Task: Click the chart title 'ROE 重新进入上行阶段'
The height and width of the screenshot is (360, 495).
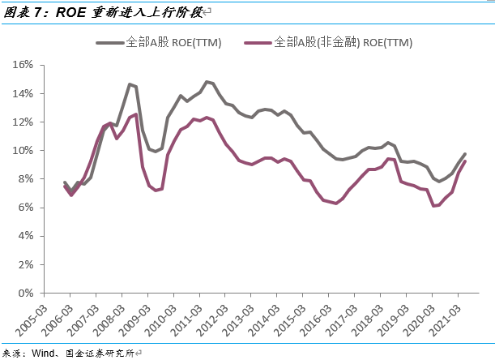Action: (129, 12)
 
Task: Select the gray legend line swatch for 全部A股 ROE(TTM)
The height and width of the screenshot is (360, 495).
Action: (109, 43)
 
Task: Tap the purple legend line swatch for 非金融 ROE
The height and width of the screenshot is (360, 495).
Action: (258, 43)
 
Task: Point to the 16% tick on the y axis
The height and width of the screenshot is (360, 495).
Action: (23, 65)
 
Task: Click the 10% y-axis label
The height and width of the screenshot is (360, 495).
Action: (23, 151)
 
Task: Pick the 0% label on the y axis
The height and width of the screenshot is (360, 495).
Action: (26, 293)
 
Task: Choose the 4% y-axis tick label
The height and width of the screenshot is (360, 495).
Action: (26, 236)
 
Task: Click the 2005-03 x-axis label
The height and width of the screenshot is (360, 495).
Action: (31, 321)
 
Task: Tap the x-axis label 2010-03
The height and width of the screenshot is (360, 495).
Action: (160, 321)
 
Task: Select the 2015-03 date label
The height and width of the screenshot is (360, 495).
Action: (290, 321)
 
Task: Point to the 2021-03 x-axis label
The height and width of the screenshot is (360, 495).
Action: (445, 321)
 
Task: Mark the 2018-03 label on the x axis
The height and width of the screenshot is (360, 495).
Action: (368, 321)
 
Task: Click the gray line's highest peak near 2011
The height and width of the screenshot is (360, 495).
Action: (207, 82)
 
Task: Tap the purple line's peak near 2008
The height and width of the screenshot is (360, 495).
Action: (136, 114)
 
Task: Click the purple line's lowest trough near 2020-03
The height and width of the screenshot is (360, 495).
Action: (433, 206)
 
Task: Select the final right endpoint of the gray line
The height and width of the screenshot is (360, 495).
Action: (465, 154)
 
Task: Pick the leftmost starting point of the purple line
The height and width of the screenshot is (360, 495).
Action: (65, 186)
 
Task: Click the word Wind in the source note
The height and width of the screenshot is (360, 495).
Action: (43, 353)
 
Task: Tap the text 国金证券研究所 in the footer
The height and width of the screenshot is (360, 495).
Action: (100, 353)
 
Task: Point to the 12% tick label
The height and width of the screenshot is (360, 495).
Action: (23, 122)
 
